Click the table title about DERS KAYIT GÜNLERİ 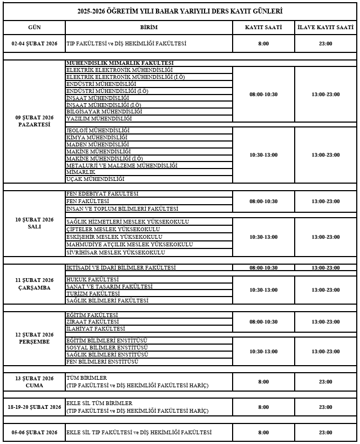[179, 11]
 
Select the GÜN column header [34, 28]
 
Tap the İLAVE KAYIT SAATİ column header [325, 28]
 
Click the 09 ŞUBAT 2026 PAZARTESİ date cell [34, 121]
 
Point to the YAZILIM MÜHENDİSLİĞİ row [99, 118]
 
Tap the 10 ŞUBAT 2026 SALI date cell [34, 223]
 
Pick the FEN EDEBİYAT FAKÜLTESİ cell [102, 194]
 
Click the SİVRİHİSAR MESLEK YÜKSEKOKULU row [115, 252]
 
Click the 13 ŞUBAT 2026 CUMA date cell [34, 382]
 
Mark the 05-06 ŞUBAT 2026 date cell [34, 433]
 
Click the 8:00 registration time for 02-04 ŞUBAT [263, 44]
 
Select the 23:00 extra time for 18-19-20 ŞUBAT [325, 407]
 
